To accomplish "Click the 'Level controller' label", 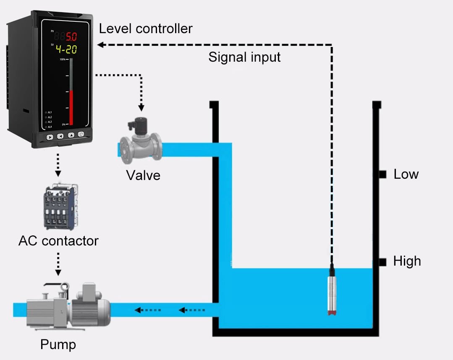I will pyautogui.click(x=145, y=29).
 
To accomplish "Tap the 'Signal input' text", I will pyautogui.click(x=244, y=57).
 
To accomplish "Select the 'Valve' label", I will pyautogui.click(x=143, y=175).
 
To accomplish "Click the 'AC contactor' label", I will pyautogui.click(x=58, y=241).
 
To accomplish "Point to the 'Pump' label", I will pyautogui.click(x=58, y=345).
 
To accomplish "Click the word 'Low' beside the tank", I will pyautogui.click(x=406, y=174).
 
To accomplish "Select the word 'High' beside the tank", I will pyautogui.click(x=407, y=261).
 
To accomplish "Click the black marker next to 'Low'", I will pyautogui.click(x=382, y=174).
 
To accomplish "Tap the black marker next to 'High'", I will pyautogui.click(x=382, y=262).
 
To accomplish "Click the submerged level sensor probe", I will pyautogui.click(x=332, y=290).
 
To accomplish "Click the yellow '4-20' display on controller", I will pyautogui.click(x=66, y=50).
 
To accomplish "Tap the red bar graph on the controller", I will pyautogui.click(x=71, y=107).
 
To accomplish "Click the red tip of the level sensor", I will pyautogui.click(x=332, y=313).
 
